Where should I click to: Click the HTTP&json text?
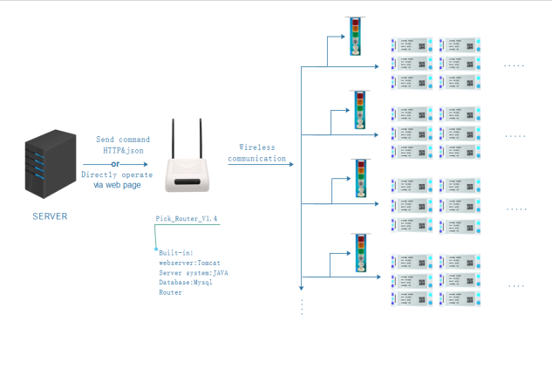(x=122, y=151)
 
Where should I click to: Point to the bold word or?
(x=115, y=162)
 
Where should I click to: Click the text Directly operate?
(x=117, y=174)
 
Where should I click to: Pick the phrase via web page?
(x=117, y=186)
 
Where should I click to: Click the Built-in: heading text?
(x=175, y=250)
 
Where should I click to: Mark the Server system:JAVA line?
(x=194, y=272)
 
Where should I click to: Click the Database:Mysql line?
(x=186, y=284)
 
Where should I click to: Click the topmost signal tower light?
(x=355, y=36)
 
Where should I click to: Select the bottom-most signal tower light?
(x=359, y=253)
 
